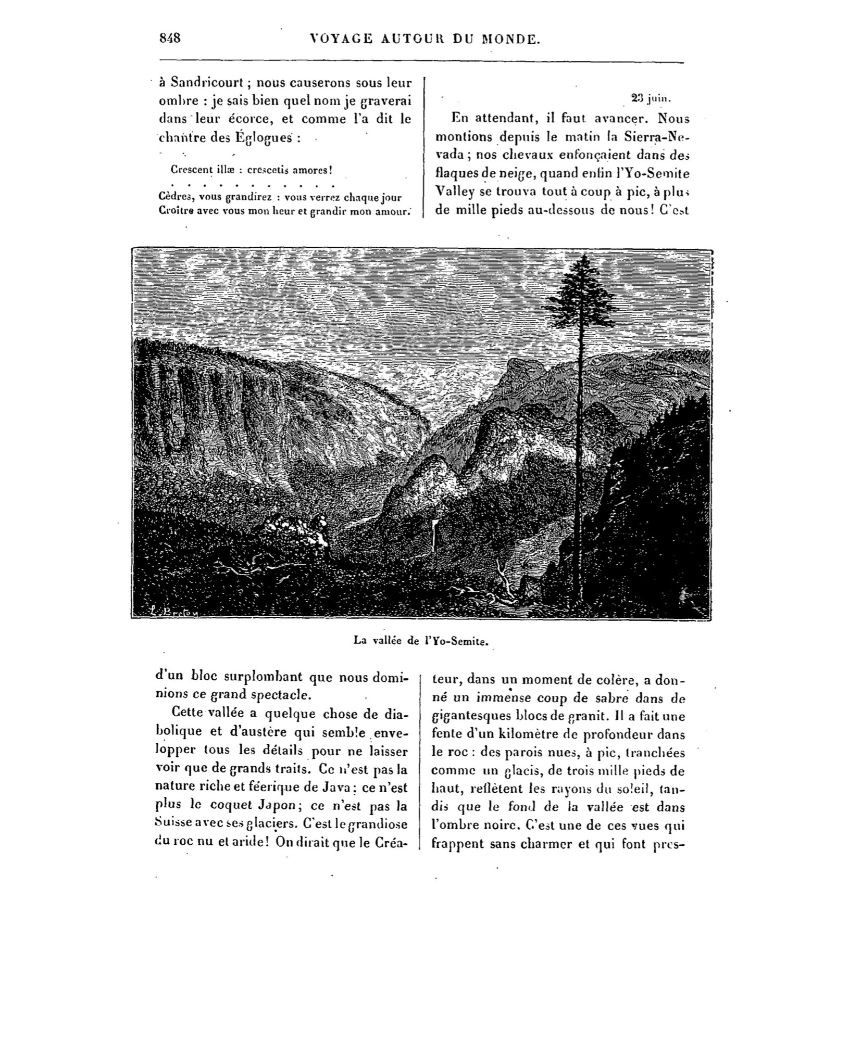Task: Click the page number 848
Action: click(170, 39)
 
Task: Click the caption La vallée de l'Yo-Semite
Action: click(421, 641)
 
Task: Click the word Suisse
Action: click(171, 824)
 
